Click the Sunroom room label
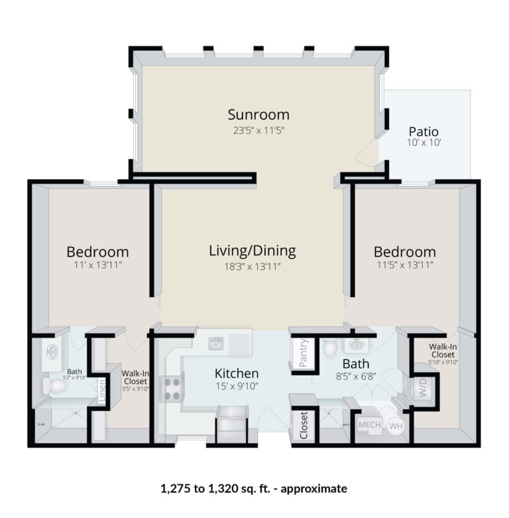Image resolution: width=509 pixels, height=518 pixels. click(x=258, y=115)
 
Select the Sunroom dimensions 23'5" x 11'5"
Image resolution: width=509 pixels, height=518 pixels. click(x=258, y=131)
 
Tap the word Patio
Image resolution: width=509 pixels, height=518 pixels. click(x=424, y=131)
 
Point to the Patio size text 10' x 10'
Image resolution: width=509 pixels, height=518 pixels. click(x=424, y=143)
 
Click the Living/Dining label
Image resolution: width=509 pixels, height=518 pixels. click(x=252, y=251)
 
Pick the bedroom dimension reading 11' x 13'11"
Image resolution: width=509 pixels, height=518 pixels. click(x=97, y=266)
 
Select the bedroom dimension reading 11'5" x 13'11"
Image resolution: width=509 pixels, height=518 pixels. click(x=404, y=266)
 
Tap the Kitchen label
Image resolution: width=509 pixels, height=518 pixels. click(x=236, y=373)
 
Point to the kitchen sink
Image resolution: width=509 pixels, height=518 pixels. click(x=215, y=344)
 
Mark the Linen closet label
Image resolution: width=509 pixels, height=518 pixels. click(x=102, y=391)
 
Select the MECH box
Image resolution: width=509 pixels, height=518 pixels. click(x=369, y=425)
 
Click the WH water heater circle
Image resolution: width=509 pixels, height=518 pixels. click(x=396, y=426)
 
